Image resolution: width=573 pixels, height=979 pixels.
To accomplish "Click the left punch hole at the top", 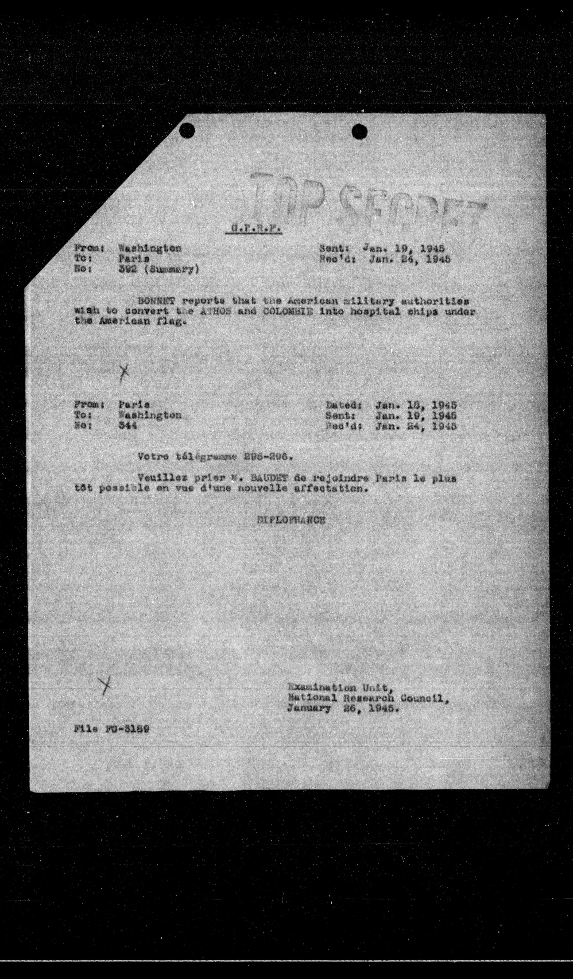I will click(x=187, y=130).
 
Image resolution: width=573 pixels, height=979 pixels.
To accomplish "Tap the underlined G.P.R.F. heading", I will click(x=253, y=230).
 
